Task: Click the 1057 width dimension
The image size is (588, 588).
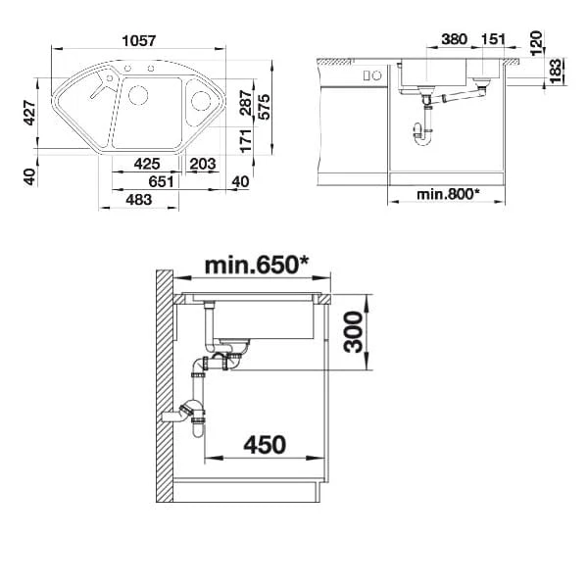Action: click(x=139, y=40)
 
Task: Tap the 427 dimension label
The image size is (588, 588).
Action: click(x=29, y=113)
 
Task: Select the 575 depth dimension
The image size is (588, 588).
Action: click(x=264, y=107)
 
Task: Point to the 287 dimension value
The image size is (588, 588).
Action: click(x=246, y=102)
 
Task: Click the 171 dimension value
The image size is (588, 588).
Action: click(x=246, y=140)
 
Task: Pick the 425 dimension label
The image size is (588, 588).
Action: click(x=147, y=164)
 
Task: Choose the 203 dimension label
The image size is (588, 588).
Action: click(x=203, y=164)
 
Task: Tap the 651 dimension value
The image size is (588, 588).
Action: click(x=162, y=181)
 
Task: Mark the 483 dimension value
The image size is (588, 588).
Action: click(x=139, y=200)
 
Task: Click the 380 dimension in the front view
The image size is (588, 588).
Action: click(x=454, y=39)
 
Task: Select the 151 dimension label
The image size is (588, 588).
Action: click(x=493, y=39)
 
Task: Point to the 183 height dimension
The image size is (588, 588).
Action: click(x=556, y=71)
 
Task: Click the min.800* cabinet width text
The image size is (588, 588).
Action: click(x=448, y=194)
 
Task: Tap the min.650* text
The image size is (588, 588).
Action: click(x=257, y=265)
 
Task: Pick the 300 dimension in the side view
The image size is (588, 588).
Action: click(x=353, y=332)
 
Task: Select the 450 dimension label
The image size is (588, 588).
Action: click(x=265, y=445)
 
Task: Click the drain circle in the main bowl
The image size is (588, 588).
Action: click(x=138, y=95)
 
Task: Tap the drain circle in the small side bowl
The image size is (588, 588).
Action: click(x=201, y=101)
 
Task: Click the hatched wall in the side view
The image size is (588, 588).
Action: click(x=165, y=386)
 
